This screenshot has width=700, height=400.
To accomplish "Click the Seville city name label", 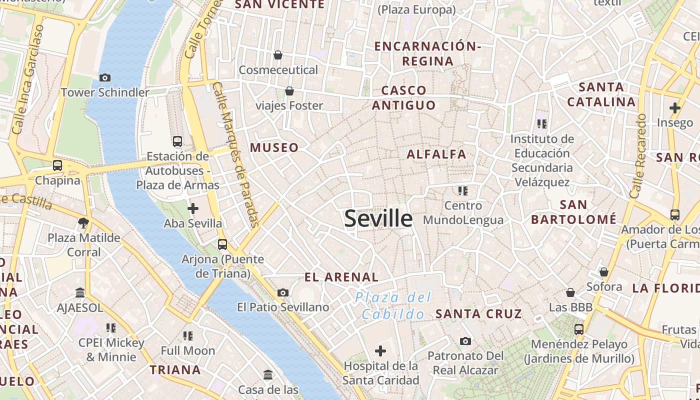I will pos(378,219).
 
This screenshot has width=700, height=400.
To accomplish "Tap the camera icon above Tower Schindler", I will pos(105,77).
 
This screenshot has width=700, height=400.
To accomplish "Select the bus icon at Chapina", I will pos(57,165).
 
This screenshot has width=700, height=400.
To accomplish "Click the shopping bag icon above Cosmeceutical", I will pos(278,54).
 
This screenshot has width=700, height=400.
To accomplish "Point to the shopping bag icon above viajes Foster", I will pos(289,91).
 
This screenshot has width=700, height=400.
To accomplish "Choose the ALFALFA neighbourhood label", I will pos(436,154).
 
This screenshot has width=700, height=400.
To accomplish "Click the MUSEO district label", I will pos(274,147).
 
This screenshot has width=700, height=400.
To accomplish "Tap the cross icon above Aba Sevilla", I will pos(193,208).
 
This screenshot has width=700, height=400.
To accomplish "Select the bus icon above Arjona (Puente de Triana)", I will pos(222,244).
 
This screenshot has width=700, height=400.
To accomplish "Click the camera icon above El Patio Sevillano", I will pos(283,292).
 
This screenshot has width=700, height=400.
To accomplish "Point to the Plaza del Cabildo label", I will pos(393,306).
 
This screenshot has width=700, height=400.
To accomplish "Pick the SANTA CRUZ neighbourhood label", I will pos(478,314).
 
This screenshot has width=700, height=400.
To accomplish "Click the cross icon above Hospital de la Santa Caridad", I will pos(380,351).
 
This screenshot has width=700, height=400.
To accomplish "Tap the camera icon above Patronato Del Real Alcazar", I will pos(465,341).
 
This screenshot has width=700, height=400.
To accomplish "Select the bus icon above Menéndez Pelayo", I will pos(579,329).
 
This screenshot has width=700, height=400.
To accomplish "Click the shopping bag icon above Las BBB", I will pos(570,292).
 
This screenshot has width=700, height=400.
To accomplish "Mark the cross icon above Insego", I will pos(675,107).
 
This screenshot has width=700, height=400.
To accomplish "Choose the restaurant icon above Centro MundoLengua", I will pos(463,190).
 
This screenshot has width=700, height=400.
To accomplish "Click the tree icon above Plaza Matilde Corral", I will pos(83,222).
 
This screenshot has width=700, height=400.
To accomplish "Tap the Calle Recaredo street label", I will pos(638,156).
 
